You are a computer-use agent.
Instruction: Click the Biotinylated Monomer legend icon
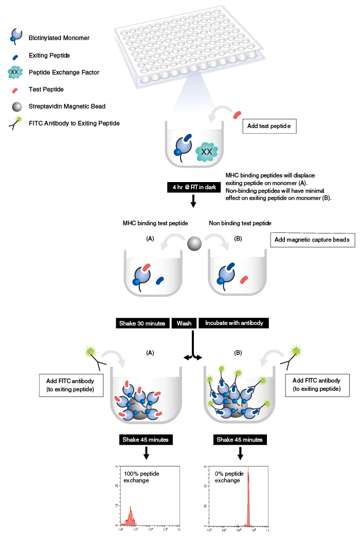tap(15, 35)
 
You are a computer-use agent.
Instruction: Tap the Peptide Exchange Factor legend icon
tap(15, 73)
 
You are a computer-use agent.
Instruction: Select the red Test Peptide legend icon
tap(15, 89)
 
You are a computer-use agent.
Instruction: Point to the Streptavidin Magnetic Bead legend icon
tap(15, 106)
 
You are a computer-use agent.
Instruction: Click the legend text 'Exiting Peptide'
tap(49, 55)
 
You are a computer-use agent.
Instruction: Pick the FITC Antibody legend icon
tap(16, 123)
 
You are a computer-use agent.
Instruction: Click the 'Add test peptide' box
tap(269, 125)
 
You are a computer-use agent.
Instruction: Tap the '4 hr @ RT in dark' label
tap(193, 187)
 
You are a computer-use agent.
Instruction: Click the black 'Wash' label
tap(184, 323)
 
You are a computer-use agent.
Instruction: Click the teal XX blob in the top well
tap(206, 151)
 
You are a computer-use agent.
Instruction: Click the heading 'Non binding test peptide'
tap(240, 223)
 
